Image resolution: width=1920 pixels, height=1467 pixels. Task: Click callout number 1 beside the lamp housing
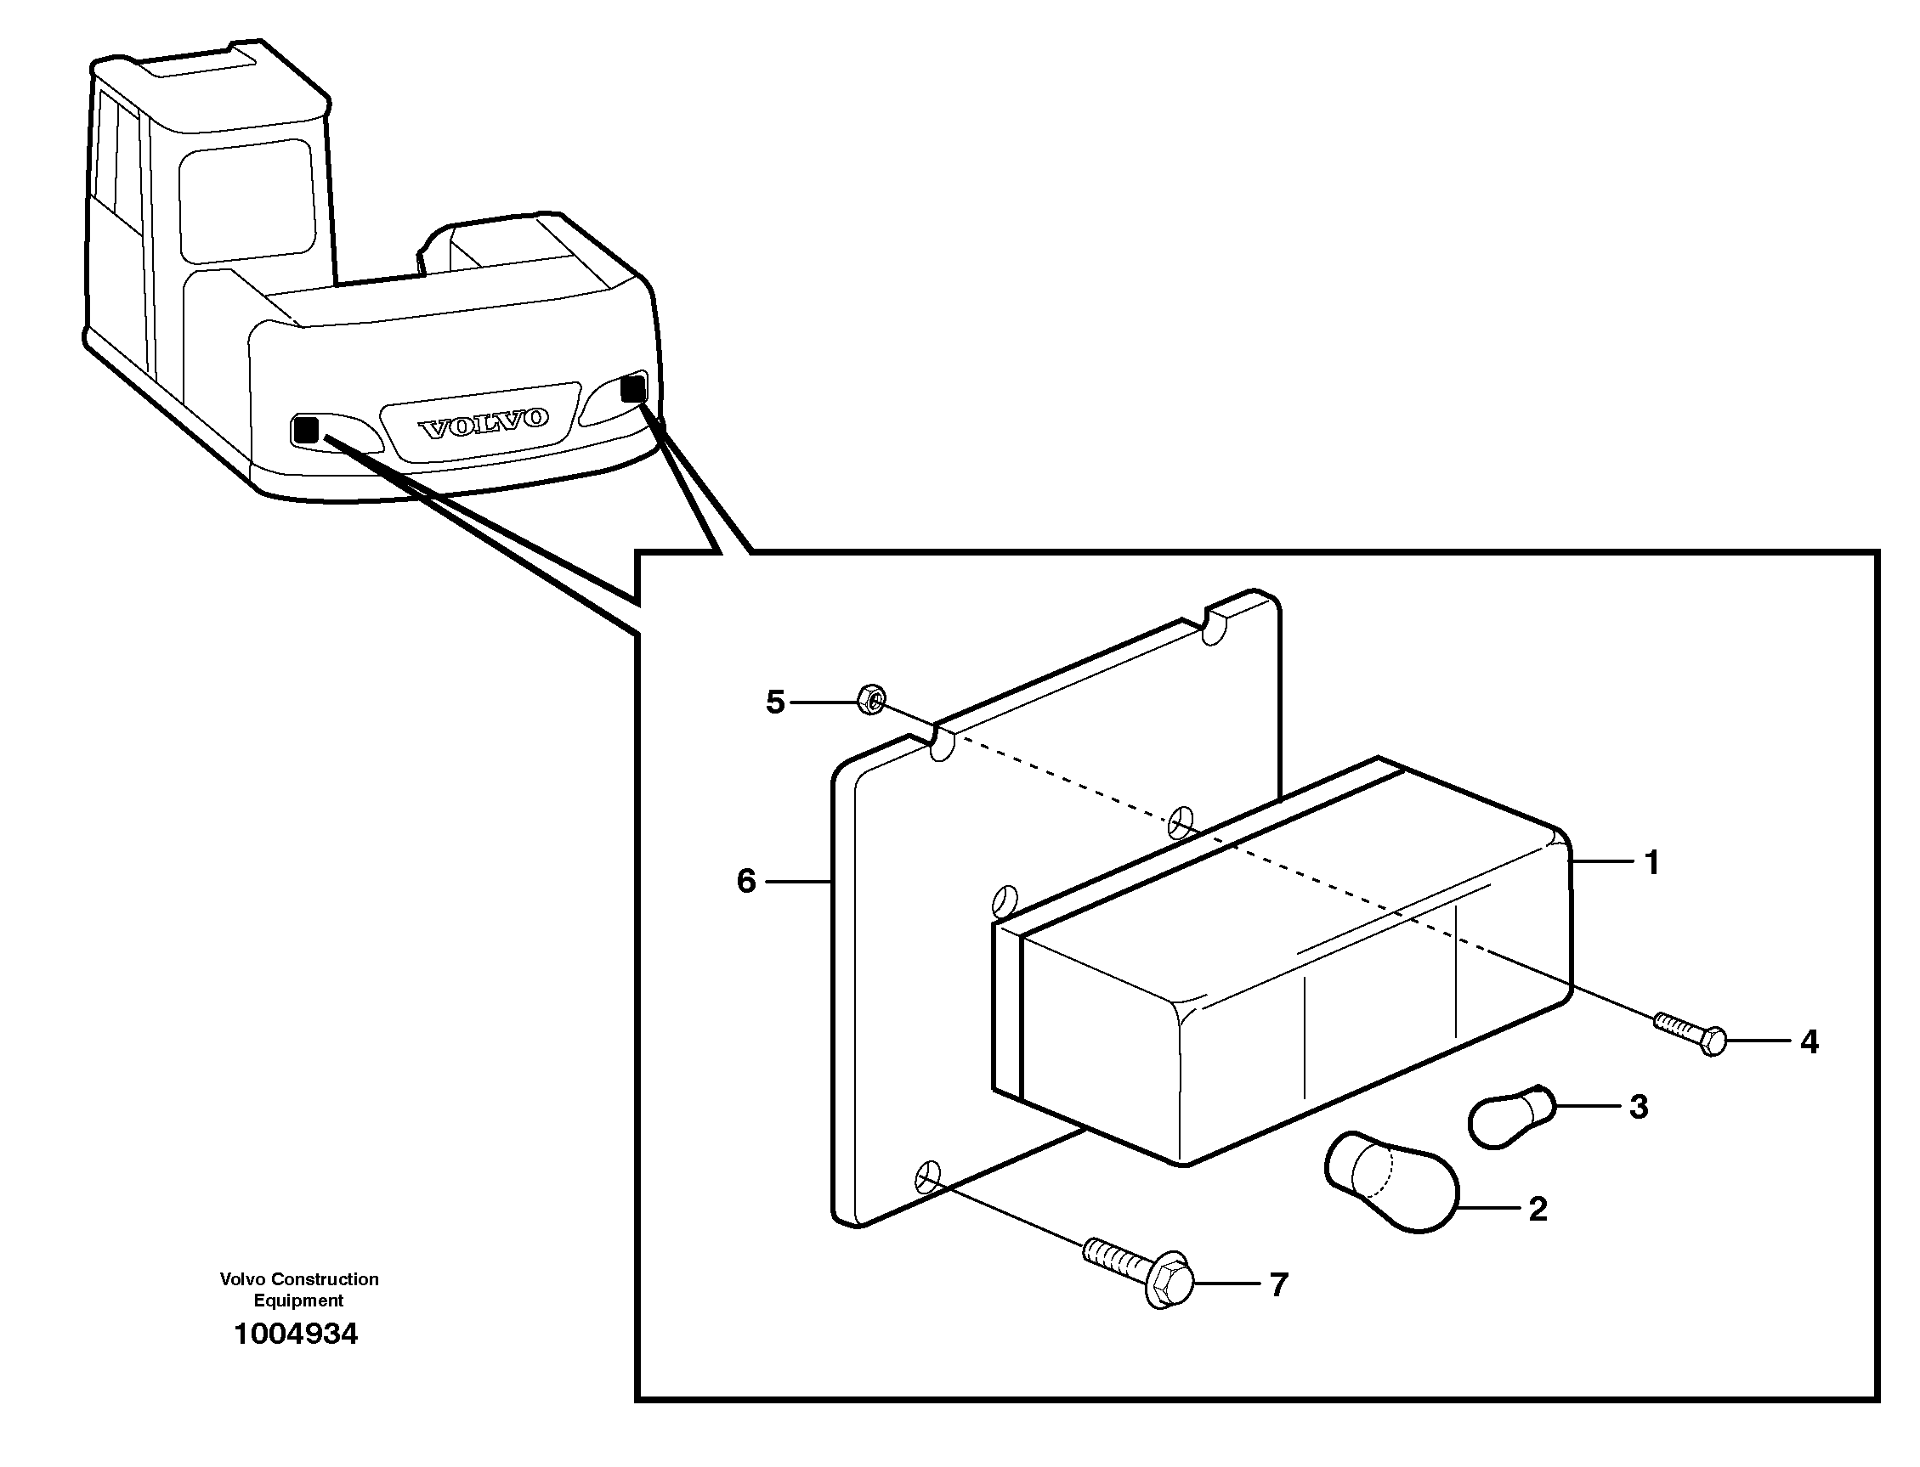[1651, 863]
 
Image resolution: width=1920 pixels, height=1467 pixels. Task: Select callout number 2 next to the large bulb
[1538, 1210]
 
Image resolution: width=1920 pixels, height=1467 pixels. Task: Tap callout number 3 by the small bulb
[1639, 1107]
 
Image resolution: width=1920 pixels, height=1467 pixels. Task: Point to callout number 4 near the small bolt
[1809, 1041]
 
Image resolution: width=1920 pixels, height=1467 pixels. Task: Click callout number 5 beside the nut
[775, 702]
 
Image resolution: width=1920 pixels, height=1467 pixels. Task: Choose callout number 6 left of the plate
[746, 881]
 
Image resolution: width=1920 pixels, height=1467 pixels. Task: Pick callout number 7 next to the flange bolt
[1279, 1285]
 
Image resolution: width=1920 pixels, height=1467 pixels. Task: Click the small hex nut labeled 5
[871, 699]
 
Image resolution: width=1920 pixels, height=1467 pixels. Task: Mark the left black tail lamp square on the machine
[306, 430]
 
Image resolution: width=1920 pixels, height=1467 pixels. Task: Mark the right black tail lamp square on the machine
[632, 387]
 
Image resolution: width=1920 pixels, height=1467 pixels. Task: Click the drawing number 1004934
[296, 1334]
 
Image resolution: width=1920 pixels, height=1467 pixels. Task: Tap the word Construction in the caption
[324, 1279]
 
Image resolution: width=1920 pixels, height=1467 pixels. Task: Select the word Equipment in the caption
[297, 1301]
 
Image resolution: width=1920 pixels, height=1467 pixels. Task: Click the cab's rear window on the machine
[246, 205]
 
